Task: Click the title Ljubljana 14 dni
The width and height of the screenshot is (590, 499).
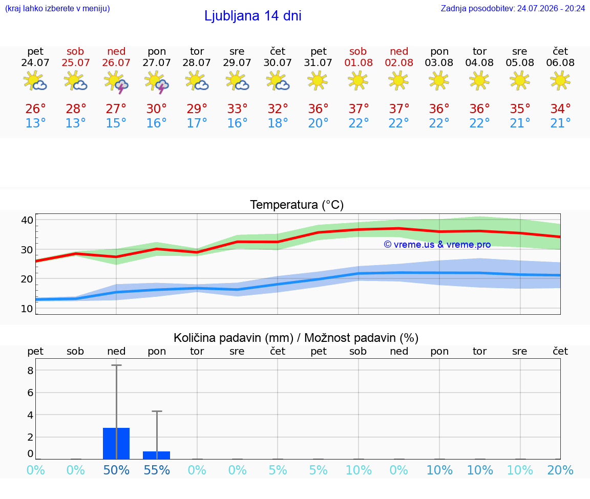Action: point(253,16)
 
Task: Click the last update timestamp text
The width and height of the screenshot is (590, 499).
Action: point(513,8)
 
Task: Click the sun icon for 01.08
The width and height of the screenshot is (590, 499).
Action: point(358,80)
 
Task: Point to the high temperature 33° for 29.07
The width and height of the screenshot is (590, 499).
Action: point(237,109)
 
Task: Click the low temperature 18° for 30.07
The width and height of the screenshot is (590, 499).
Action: point(278,123)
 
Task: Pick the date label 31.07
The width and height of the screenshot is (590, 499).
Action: point(318,62)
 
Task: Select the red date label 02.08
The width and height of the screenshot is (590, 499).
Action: point(399,62)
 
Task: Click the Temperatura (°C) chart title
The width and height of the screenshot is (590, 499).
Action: point(297,205)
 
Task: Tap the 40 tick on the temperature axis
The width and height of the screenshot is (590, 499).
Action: point(27,220)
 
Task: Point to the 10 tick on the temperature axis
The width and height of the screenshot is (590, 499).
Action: point(27,309)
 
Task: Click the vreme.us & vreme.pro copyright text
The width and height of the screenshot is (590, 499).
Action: point(437,245)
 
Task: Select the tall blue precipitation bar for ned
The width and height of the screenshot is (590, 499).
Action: point(116,443)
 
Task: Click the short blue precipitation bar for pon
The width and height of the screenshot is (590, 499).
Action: point(157,455)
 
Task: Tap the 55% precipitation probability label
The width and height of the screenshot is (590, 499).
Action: point(157,470)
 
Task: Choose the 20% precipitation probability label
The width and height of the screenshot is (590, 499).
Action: point(560,470)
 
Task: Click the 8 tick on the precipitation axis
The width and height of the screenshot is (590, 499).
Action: point(31,371)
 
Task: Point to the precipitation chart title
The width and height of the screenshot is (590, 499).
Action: point(296,338)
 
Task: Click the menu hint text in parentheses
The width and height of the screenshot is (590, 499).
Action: point(57,8)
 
